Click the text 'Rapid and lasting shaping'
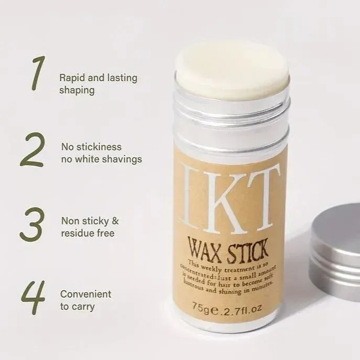point(98,84)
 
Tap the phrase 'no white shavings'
point(102,159)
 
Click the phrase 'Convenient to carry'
point(85,300)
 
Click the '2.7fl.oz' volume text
point(243,304)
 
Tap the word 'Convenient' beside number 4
point(85,294)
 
